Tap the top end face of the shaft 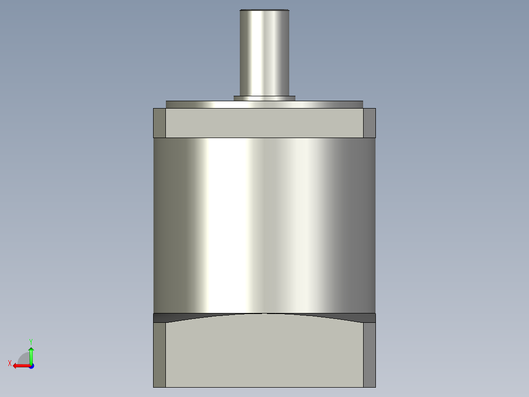click(264, 10)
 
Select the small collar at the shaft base click(264, 98)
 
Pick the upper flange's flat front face click(264, 123)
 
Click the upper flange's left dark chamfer click(159, 123)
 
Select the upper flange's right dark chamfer click(370, 123)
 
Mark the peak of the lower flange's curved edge click(265, 314)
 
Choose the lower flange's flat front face click(264, 354)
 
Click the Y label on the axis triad click(30, 341)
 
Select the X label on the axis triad click(9, 363)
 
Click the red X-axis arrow click(20, 366)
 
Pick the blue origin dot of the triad click(31, 366)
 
